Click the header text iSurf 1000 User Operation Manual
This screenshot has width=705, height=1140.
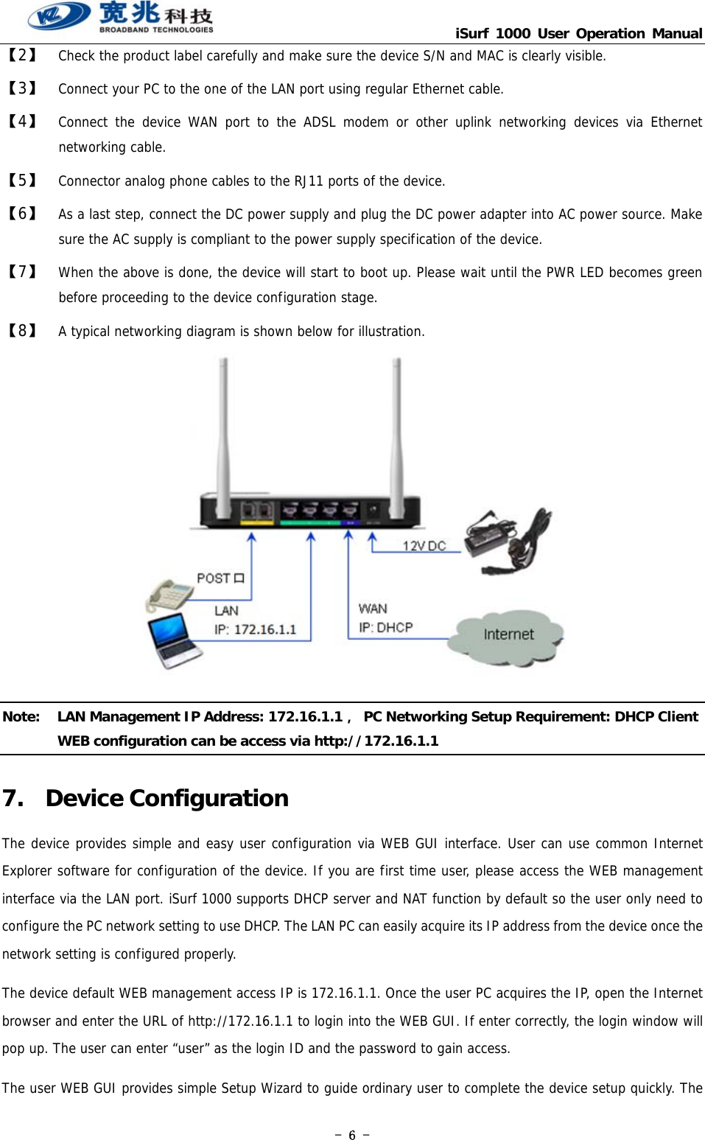(x=578, y=33)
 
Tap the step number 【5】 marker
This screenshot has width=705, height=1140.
(x=22, y=181)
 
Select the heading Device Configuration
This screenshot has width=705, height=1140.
(x=166, y=798)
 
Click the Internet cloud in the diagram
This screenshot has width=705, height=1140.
(x=508, y=635)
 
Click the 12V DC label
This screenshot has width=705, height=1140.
(x=424, y=546)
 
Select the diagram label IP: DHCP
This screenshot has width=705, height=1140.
(x=385, y=628)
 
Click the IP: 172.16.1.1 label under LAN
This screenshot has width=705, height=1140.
(x=255, y=629)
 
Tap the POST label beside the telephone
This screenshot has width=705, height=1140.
(x=220, y=578)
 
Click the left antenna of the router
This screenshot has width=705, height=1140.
(x=223, y=427)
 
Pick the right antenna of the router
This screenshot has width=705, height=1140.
(x=396, y=427)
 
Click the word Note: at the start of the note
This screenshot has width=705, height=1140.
(x=21, y=717)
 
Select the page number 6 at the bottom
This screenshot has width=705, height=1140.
(x=352, y=1135)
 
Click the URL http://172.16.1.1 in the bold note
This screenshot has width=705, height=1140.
(x=376, y=741)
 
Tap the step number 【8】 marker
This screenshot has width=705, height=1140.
(x=22, y=331)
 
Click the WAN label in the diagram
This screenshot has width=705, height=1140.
(x=373, y=609)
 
